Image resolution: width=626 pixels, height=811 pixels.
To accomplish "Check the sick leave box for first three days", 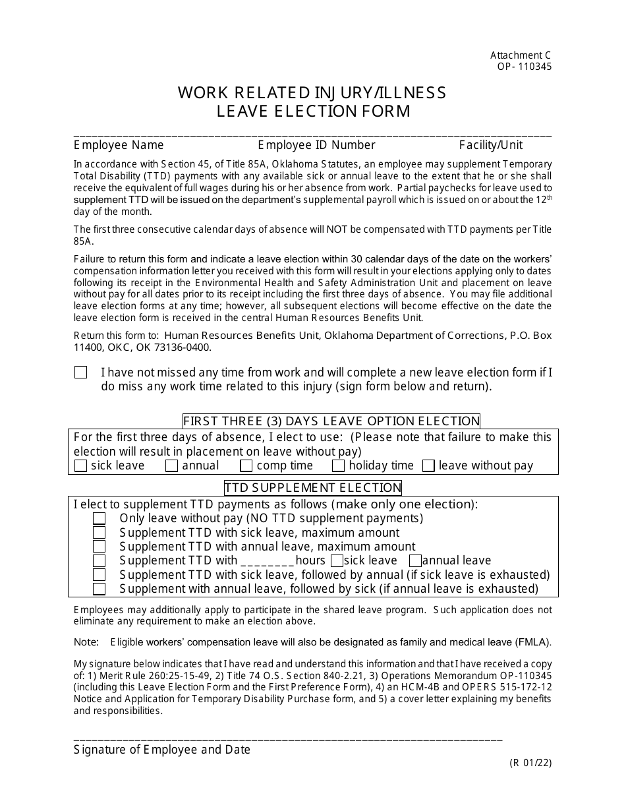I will (x=81, y=466).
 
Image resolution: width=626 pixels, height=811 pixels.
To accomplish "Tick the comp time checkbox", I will (x=246, y=466).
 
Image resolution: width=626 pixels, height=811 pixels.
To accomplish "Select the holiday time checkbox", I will (x=339, y=466).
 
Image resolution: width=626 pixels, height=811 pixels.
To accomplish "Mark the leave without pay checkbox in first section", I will (x=428, y=466).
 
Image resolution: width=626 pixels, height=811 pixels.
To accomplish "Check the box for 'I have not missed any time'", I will (x=81, y=373).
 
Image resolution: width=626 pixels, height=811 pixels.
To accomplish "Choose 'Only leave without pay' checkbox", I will (x=99, y=519).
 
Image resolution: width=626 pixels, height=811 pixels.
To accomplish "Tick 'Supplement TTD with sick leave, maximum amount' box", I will (x=99, y=533).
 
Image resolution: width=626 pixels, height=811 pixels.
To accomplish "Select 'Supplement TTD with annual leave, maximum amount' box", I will (x=99, y=547).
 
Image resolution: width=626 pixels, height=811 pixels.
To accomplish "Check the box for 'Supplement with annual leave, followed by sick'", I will (x=99, y=589).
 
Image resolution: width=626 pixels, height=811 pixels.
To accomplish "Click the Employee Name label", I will (x=119, y=145).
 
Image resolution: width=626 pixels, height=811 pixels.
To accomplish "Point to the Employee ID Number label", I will (x=316, y=145).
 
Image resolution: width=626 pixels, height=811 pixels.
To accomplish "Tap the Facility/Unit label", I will (x=491, y=145).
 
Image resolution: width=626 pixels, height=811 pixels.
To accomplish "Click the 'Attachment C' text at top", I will (x=521, y=56).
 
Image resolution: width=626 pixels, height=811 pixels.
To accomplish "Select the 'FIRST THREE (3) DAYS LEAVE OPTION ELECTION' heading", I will (x=331, y=421).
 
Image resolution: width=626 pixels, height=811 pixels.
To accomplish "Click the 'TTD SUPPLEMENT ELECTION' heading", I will (x=313, y=488).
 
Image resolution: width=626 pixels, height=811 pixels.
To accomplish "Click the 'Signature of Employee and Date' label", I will (x=162, y=750).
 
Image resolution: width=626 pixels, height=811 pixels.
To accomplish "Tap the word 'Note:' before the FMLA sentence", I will (x=86, y=642).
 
